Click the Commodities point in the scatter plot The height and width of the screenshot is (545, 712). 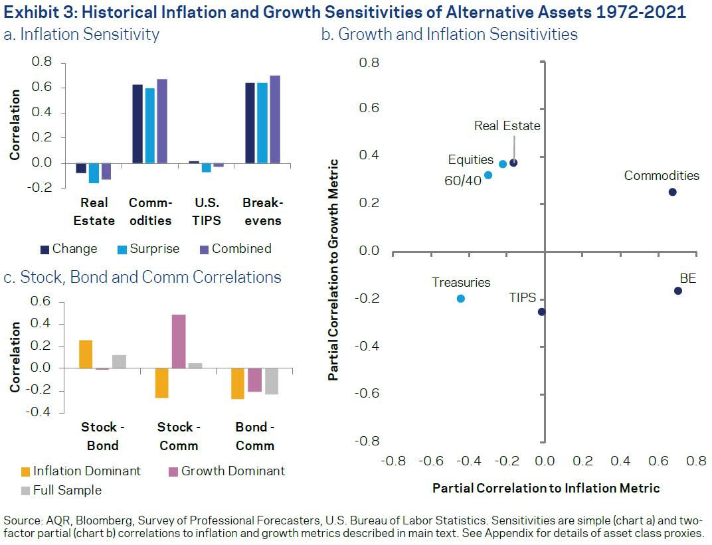point(672,192)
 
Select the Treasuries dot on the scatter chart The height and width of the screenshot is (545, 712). point(461,299)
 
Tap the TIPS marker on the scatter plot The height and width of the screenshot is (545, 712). point(542,312)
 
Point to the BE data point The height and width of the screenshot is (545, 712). point(678,291)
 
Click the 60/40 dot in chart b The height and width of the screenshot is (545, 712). point(488,175)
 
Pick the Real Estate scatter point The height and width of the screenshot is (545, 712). point(513,163)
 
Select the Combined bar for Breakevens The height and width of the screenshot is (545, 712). point(275,119)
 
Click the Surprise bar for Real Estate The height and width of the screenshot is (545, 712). point(94,173)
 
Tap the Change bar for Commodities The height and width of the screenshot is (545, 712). point(137,124)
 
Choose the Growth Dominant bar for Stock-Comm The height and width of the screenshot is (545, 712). point(178,341)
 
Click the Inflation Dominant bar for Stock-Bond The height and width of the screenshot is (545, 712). point(86,354)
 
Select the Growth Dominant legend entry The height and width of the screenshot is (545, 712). point(226,471)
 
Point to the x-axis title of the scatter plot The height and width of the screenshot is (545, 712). point(546,489)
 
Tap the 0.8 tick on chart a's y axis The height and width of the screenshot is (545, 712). point(42,62)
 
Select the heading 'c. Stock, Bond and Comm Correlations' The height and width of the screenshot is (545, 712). point(142,277)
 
